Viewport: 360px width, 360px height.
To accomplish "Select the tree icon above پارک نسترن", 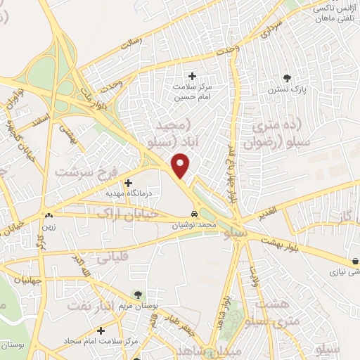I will pos(285,77).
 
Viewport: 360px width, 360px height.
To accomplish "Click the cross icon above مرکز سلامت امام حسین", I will pos(192,75).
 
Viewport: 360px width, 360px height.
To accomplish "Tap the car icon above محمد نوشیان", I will pos(195,213).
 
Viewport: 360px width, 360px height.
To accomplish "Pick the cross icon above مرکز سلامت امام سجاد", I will pos(102,330).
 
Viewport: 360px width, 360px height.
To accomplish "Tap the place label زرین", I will pos(49,227).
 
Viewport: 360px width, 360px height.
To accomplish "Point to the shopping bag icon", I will pos(355,259).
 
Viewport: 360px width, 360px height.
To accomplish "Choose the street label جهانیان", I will pos(17,280).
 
